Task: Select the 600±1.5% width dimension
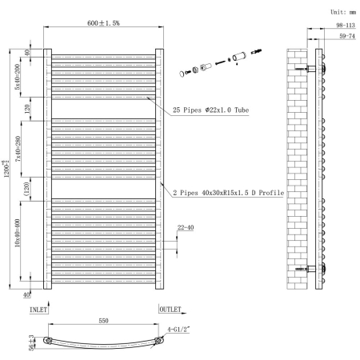click(x=103, y=23)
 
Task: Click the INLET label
click(x=40, y=309)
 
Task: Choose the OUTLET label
click(x=170, y=309)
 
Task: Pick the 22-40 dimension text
click(x=185, y=228)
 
